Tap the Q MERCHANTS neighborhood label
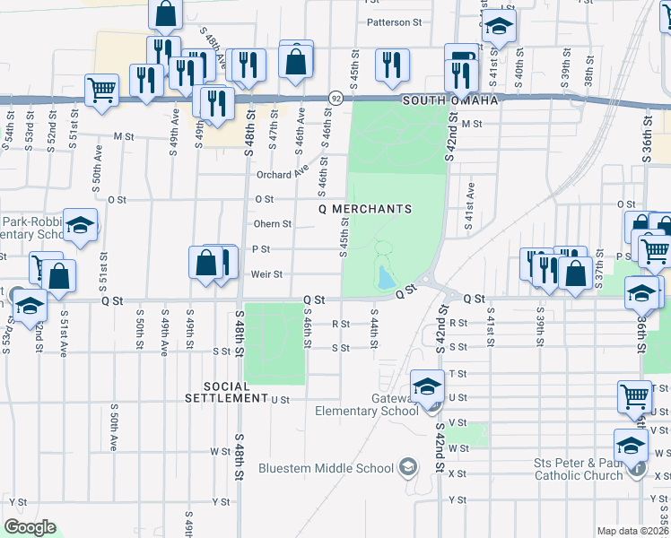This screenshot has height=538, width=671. click(x=366, y=209)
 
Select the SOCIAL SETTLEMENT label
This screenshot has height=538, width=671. click(x=226, y=391)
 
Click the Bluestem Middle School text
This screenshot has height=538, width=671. click(x=326, y=467)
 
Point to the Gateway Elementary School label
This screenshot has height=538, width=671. click(x=367, y=404)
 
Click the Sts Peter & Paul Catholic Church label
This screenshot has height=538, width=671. click(x=579, y=469)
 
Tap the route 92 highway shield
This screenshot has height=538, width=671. click(x=335, y=97)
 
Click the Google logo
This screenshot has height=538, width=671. click(x=30, y=526)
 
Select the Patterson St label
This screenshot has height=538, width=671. click(x=394, y=22)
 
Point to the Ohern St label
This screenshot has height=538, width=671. click(x=273, y=224)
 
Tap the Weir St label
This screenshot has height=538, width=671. click(x=266, y=274)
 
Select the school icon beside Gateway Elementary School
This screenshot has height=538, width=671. click(x=428, y=386)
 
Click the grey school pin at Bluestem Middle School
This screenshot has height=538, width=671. click(x=408, y=466)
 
